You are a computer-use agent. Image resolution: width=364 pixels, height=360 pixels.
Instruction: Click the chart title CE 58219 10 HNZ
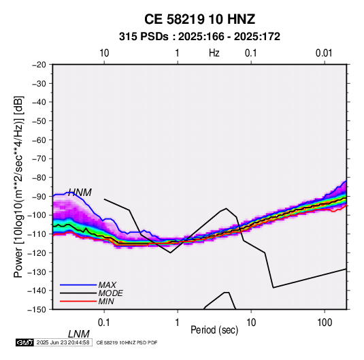tap(199, 19)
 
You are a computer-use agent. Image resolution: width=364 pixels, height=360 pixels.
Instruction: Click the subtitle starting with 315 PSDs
tap(199, 37)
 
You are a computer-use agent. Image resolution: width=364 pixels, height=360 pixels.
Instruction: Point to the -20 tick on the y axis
tap(39, 65)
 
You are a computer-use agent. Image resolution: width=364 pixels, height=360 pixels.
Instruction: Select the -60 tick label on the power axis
tap(39, 140)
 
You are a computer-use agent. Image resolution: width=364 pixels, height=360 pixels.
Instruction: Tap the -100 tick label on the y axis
tap(37, 215)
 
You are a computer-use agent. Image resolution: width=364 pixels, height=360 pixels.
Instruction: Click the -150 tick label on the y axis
tap(37, 310)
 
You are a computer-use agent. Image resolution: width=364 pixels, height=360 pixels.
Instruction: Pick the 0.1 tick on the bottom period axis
tap(104, 323)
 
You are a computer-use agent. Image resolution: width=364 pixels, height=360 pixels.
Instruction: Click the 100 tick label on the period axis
tap(325, 323)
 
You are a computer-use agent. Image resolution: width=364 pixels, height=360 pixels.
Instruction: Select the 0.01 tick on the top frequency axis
tap(324, 53)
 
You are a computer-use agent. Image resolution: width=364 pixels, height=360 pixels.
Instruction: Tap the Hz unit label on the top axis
tap(214, 53)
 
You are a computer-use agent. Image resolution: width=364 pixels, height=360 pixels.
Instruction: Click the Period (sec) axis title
tap(214, 330)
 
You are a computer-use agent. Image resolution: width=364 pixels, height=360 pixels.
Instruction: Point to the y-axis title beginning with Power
tap(18, 187)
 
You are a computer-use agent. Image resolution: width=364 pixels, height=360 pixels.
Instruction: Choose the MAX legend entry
tap(107, 285)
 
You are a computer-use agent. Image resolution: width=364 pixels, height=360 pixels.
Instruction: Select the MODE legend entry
tap(110, 293)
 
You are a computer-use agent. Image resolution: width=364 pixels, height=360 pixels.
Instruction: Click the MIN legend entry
tap(106, 301)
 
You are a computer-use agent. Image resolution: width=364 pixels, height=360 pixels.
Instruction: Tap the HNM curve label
tap(80, 193)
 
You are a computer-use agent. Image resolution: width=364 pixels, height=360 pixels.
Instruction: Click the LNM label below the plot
tap(79, 334)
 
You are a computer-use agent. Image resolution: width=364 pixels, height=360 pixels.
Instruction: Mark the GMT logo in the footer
tap(25, 342)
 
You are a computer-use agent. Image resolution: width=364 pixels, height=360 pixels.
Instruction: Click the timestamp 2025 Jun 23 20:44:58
tap(63, 342)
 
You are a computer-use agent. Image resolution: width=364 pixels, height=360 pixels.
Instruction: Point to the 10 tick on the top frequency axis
tap(104, 53)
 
